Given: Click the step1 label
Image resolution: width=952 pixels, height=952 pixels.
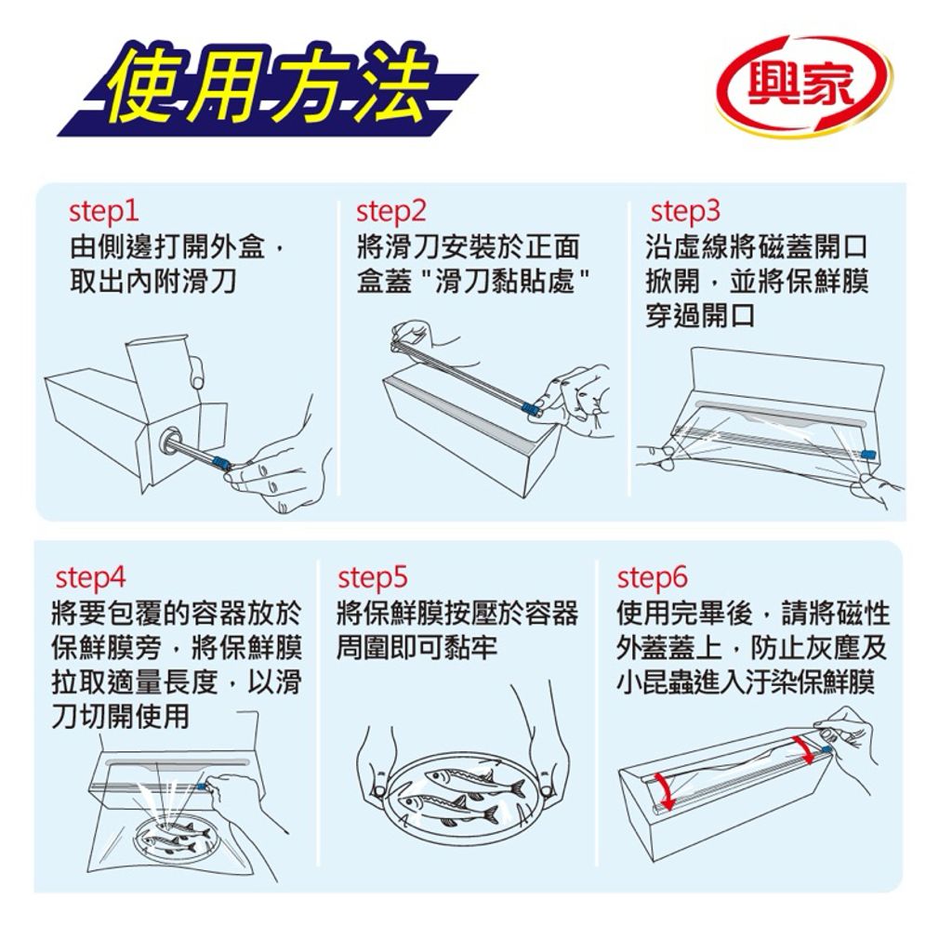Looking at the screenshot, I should (x=105, y=212).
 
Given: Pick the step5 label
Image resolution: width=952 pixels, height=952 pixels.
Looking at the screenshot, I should (x=373, y=577).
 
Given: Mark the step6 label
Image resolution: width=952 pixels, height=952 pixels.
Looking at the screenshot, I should (x=653, y=577).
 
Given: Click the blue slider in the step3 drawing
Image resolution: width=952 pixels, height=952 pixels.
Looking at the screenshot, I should (x=870, y=454).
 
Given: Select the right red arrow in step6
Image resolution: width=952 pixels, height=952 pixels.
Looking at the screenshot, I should (x=802, y=747).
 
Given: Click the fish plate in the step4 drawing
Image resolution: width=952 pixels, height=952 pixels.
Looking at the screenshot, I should (x=173, y=836).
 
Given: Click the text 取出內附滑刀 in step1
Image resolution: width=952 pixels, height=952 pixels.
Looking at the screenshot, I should (x=153, y=280).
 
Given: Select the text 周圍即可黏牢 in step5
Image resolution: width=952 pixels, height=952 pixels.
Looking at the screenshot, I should (x=417, y=647).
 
